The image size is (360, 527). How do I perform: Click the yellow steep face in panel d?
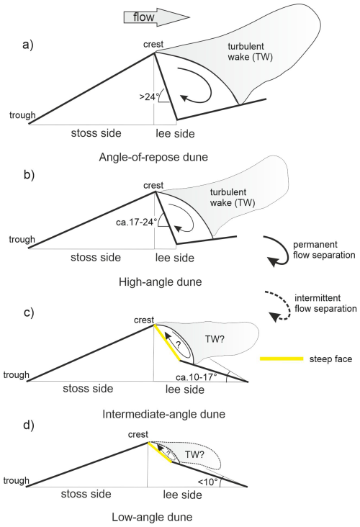[159, 454]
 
